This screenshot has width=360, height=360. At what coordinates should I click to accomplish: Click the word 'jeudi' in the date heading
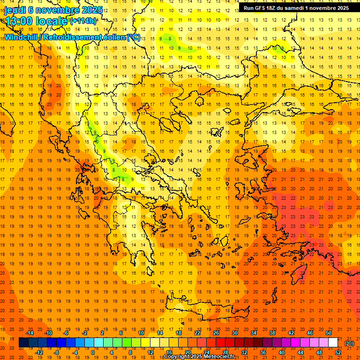15,10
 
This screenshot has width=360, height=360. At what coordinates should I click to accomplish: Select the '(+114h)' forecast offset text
83,21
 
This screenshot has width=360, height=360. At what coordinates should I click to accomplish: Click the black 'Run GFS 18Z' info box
296,8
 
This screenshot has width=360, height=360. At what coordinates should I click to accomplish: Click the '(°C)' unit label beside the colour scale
349,343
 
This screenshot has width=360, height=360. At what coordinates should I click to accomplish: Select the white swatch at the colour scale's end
333,343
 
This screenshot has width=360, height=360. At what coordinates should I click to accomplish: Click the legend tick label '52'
338,352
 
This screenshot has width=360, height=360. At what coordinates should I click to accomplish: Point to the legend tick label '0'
93,352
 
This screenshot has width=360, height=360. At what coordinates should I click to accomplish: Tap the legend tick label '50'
328,333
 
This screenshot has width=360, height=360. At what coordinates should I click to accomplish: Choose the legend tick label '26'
216,333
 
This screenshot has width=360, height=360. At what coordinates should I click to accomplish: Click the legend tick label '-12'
39,352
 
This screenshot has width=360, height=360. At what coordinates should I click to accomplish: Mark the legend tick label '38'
272,333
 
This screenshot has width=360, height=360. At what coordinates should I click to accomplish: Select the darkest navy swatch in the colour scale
23,343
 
